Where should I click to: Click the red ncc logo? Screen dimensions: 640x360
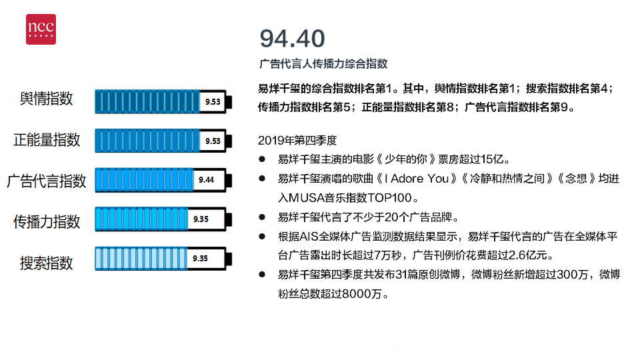pos(41,29)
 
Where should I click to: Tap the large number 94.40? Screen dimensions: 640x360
pos(292,39)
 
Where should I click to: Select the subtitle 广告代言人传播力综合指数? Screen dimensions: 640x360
pos(323,64)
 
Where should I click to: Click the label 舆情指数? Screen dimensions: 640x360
pos(46,99)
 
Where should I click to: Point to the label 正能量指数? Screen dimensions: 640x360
pos(47,140)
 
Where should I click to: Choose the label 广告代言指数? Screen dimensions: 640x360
pos(47,181)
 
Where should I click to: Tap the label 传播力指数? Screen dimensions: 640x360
pos(47,221)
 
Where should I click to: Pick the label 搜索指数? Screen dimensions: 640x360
pos(46,263)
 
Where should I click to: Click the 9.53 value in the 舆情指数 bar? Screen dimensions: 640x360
pos(213,101)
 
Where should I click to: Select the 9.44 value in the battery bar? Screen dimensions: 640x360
pos(207,180)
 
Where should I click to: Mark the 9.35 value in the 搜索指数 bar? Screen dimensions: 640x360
pos(201,259)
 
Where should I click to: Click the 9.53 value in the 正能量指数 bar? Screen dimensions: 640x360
pos(213,141)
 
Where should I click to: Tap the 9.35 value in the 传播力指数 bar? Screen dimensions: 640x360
pos(201,219)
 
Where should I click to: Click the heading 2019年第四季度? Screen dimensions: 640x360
pos(297,141)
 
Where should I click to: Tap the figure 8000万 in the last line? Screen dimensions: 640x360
pos(362,294)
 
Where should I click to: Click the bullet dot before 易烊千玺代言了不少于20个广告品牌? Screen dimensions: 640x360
pos(262,217)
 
